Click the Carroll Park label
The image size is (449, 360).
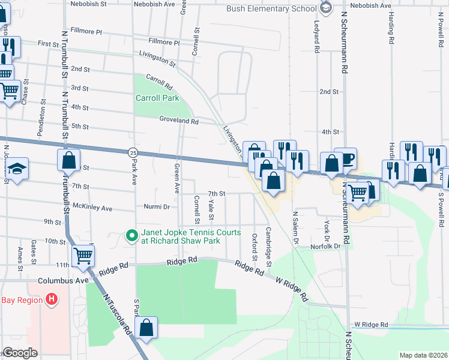pyautogui.click(x=157, y=98)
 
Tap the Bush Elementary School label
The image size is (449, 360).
pyautogui.click(x=271, y=8)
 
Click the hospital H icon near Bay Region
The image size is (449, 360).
pyautogui.click(x=52, y=298)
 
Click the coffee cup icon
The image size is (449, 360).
pyautogui.click(x=347, y=160)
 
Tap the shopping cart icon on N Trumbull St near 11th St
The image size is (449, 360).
pyautogui.click(x=83, y=256)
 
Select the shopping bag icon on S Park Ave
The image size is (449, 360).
pyautogui.click(x=146, y=328)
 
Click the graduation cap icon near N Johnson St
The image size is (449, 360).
pyautogui.click(x=17, y=169)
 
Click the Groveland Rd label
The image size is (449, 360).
pyautogui.click(x=179, y=121)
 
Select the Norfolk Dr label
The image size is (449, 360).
pyautogui.click(x=325, y=246)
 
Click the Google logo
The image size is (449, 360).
pyautogui.click(x=20, y=353)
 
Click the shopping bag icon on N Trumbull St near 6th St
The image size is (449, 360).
pyautogui.click(x=69, y=161)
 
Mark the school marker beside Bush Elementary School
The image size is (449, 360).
pyautogui.click(x=326, y=8)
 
